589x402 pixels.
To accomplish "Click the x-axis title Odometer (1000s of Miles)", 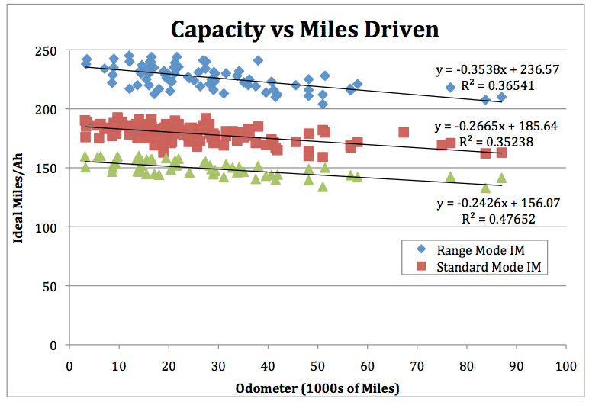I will pos(318,388).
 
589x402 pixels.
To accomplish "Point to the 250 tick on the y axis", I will pos(51,50).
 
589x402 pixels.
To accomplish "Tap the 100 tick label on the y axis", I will pos(51,227).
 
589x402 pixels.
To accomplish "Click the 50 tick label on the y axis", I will pos(54,286).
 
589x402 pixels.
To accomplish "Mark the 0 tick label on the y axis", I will pos(58,345).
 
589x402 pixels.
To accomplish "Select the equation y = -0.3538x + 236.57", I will pos(497,69).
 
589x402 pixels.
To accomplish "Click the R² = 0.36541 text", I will pos(497,85).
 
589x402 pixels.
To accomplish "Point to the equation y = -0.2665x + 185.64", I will pos(497,125).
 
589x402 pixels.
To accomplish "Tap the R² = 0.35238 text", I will pos(497,141).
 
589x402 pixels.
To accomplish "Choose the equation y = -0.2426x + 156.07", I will pos(497,203).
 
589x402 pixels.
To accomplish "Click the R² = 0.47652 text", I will pos(497,219).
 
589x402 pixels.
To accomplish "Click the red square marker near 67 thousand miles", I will pos(404,132).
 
